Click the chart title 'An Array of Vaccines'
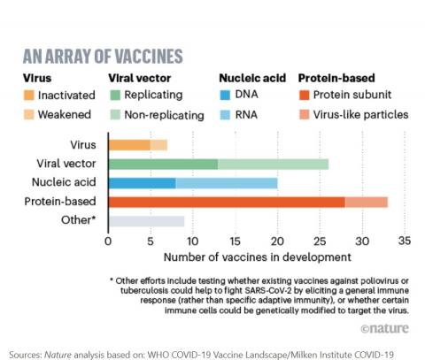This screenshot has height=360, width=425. (x=102, y=55)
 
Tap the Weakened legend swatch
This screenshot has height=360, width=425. (x=29, y=114)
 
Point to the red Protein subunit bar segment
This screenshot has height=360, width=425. (x=226, y=203)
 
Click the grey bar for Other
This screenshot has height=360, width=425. (x=145, y=222)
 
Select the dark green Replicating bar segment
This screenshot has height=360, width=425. (x=162, y=164)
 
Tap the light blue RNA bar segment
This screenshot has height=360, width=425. (x=226, y=183)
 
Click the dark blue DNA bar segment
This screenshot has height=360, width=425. (x=141, y=183)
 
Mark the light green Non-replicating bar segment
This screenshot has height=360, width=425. (x=273, y=164)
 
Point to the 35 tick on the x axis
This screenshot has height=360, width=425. (x=405, y=240)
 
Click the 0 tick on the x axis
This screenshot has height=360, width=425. (x=108, y=240)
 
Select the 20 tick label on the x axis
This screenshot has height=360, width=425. (x=277, y=240)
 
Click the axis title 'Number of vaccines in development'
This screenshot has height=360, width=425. (x=257, y=257)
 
